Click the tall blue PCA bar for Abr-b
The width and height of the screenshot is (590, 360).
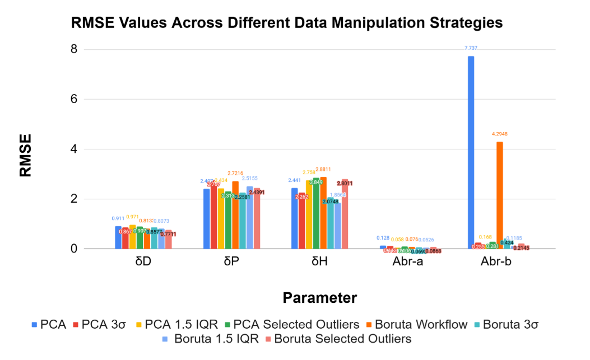click(x=471, y=152)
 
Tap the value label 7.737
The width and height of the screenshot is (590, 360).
click(x=471, y=48)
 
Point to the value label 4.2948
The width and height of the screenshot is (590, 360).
click(x=500, y=134)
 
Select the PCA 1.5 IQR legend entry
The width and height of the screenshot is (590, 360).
click(x=174, y=324)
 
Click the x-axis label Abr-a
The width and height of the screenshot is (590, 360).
click(x=407, y=263)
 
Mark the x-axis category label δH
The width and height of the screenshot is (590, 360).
click(x=319, y=263)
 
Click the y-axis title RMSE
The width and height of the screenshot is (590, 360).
click(x=26, y=155)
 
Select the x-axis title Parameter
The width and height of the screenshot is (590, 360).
click(x=319, y=297)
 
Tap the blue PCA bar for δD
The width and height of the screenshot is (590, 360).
click(x=118, y=237)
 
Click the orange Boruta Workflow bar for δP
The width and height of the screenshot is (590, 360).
click(x=235, y=215)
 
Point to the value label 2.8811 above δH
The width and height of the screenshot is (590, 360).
click(x=323, y=169)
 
